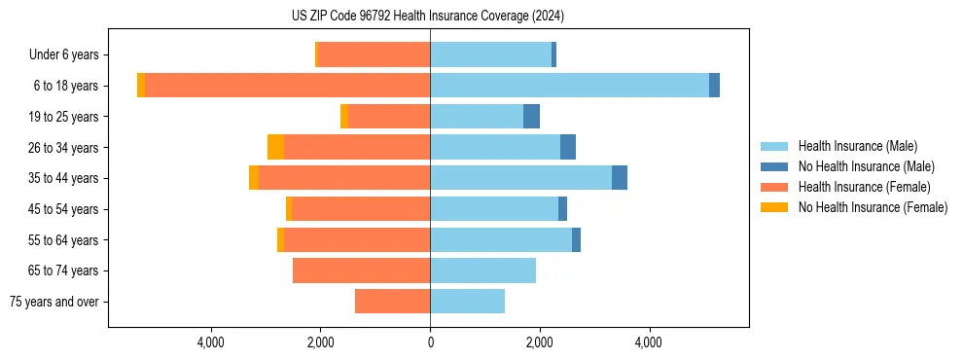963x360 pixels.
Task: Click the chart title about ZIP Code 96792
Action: click(x=428, y=16)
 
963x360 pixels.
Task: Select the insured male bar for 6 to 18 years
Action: click(x=569, y=86)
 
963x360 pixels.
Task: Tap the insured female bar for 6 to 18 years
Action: click(x=287, y=86)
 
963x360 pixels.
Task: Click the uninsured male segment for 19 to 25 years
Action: click(x=531, y=117)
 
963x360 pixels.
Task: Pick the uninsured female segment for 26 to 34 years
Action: click(x=275, y=147)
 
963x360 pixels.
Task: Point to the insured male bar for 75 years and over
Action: click(x=467, y=302)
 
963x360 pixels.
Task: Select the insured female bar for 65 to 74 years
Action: click(x=361, y=270)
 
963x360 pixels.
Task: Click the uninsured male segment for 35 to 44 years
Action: click(x=620, y=178)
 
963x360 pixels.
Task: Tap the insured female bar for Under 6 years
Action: click(x=374, y=54)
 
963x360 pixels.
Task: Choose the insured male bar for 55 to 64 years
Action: click(x=501, y=239)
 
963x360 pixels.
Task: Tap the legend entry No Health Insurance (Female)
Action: click(x=873, y=207)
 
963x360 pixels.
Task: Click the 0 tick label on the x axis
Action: click(x=430, y=342)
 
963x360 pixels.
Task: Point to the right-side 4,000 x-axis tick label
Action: click(x=649, y=342)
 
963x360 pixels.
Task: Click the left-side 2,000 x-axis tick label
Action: click(x=320, y=342)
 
